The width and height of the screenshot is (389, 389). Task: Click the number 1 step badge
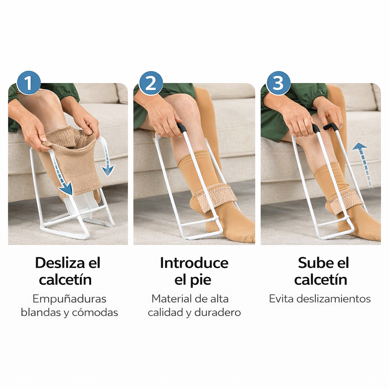[x=28, y=83]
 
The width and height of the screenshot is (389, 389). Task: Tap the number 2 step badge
[x=151, y=83]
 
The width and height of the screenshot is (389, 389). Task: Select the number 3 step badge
[x=278, y=83]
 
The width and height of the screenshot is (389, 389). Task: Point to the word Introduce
[x=194, y=263]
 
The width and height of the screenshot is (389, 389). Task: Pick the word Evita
[x=281, y=299]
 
